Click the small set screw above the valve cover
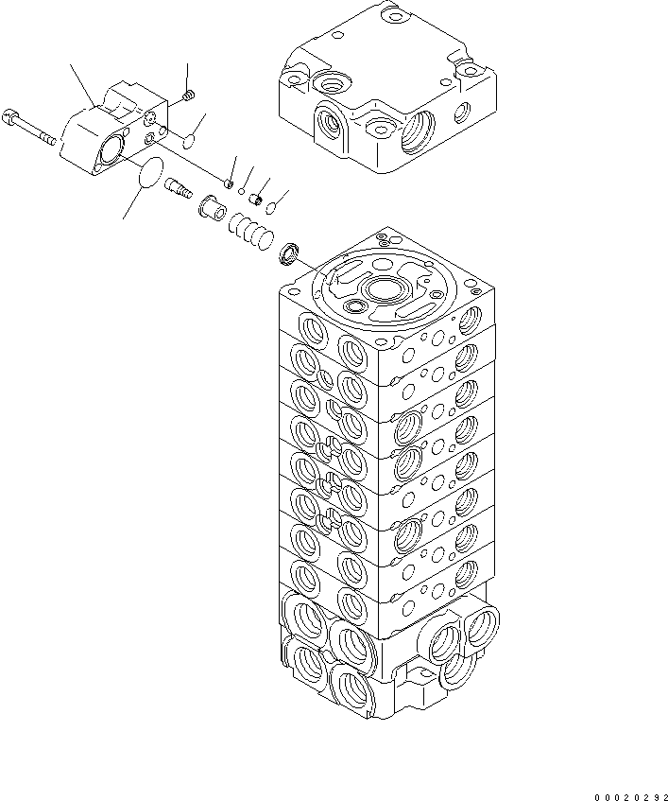[188, 94]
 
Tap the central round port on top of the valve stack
[387, 290]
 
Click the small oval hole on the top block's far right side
[461, 113]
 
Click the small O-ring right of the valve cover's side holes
[189, 142]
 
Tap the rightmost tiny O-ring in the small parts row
[271, 207]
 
